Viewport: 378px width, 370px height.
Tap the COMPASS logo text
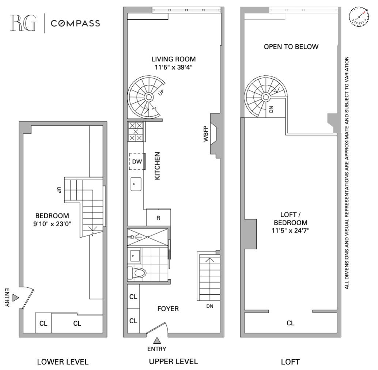(75, 23)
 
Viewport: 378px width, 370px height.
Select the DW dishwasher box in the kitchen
(137, 161)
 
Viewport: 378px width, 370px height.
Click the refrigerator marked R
(158, 218)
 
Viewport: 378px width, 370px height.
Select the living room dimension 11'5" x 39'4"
(174, 67)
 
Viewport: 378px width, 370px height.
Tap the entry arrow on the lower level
(15, 298)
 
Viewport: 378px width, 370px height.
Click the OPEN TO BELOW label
(291, 47)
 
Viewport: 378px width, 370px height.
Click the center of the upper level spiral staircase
(148, 97)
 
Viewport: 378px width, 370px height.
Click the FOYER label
(168, 309)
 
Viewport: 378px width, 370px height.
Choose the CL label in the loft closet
(291, 323)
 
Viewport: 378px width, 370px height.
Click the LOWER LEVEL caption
(63, 362)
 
